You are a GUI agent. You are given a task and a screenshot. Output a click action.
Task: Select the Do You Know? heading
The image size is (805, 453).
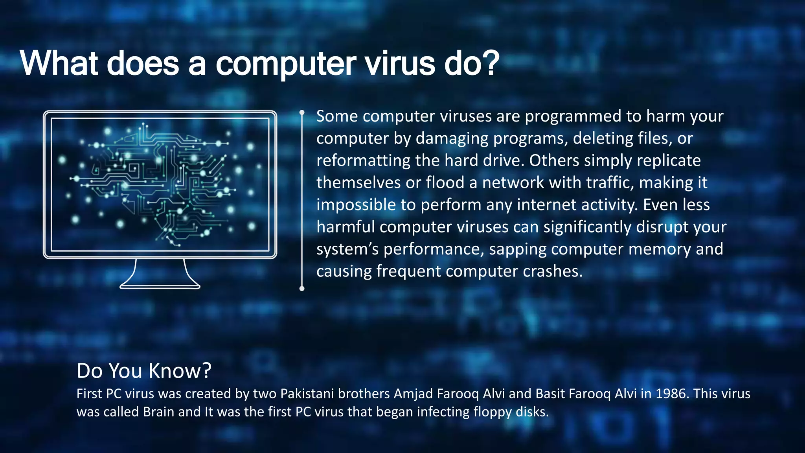[144, 370]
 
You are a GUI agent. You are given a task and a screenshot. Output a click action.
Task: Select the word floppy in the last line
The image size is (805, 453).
[493, 412]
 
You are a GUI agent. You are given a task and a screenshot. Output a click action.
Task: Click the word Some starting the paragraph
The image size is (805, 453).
[337, 116]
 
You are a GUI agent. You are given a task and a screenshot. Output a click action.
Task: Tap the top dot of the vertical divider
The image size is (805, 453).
[302, 112]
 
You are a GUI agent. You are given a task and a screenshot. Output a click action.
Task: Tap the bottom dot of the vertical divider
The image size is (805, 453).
[302, 289]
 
